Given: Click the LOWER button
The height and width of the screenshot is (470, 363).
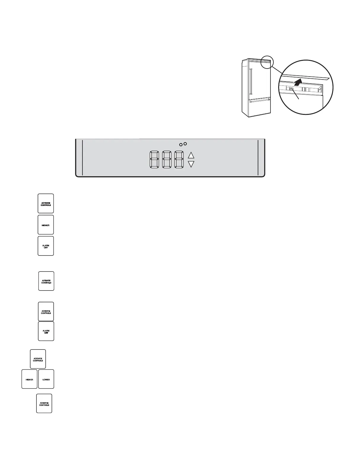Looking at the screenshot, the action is (46, 379).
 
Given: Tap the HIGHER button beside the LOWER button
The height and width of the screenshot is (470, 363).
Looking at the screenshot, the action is (29, 379).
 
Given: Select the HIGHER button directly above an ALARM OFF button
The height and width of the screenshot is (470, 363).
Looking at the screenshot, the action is (46, 225).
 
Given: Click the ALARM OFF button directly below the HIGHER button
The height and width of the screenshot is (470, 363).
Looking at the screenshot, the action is (46, 246).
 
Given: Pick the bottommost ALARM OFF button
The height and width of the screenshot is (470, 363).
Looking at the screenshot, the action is (46, 331).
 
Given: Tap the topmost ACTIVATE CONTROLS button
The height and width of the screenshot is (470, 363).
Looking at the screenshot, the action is (46, 204).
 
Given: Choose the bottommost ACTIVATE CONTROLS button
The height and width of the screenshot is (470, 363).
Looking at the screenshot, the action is (44, 404).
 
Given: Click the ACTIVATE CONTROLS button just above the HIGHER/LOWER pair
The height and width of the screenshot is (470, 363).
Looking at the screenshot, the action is (38, 359).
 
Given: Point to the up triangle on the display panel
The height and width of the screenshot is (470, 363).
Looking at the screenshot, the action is (191, 155).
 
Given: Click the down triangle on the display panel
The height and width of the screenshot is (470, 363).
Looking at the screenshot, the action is (191, 164).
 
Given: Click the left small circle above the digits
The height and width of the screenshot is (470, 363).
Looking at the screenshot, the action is (181, 145).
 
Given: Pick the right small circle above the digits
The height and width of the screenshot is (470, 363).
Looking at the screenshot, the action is (185, 144).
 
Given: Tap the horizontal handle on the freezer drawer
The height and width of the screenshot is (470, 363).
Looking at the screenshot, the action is (259, 101).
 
